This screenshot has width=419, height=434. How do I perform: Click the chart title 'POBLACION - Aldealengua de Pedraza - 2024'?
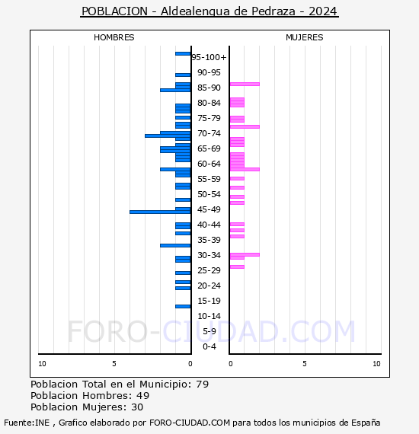tap(209, 11)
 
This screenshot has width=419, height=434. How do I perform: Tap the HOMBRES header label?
tap(114, 37)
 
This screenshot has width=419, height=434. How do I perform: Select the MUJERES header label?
tap(304, 37)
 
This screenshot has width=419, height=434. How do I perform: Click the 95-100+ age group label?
tap(209, 57)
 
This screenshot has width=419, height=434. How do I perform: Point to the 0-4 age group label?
tap(209, 346)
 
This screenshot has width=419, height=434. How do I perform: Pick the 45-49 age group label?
tap(209, 209)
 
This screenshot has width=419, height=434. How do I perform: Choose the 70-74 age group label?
tap(209, 133)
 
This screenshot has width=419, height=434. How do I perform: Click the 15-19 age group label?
tap(209, 301)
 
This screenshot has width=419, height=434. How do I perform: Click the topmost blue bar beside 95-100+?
tap(183, 53)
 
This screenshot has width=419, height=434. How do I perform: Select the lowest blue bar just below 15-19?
tap(183, 306)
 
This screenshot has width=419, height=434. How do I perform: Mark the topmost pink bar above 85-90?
tap(245, 84)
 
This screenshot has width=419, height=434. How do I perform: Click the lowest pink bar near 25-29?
tap(237, 266)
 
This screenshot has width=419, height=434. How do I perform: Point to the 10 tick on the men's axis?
tap(42, 364)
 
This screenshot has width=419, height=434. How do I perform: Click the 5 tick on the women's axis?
tap(304, 364)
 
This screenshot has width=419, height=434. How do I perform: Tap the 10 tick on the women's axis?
tap(376, 364)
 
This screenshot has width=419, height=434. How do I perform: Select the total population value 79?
tap(202, 384)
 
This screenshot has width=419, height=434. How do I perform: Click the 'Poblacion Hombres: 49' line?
tap(90, 396)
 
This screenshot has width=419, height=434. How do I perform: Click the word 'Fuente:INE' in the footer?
tap(27, 423)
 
